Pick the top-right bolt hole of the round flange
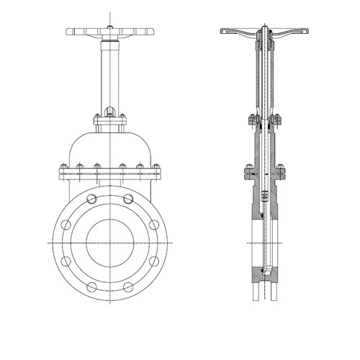pos(128,199)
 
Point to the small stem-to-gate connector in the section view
pos(264,194)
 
